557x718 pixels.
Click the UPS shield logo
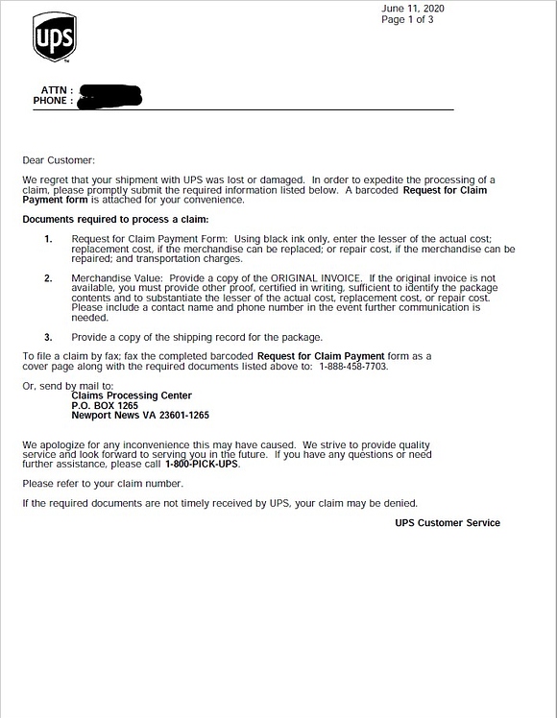[55, 37]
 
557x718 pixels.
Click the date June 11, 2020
[412, 9]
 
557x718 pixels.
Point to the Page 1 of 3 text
[407, 19]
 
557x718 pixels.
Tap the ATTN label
[57, 90]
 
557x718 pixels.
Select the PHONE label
[53, 101]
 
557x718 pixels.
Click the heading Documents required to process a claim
[116, 220]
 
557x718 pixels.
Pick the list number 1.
[48, 239]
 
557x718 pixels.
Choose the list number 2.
[48, 278]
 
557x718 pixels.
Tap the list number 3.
[48, 337]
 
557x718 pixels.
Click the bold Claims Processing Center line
[132, 395]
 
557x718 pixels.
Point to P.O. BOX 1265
[105, 405]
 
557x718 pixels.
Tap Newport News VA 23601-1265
[140, 416]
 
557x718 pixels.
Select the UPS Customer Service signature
[447, 523]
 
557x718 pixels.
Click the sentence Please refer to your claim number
[103, 484]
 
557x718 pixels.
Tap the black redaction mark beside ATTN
[110, 94]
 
